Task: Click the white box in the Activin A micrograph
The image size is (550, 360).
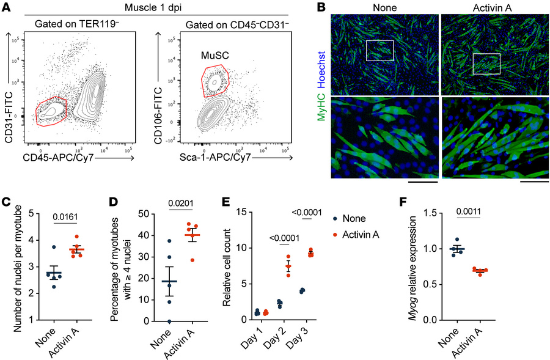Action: (x=486, y=63)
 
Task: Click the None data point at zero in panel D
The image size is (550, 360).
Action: (x=169, y=321)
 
